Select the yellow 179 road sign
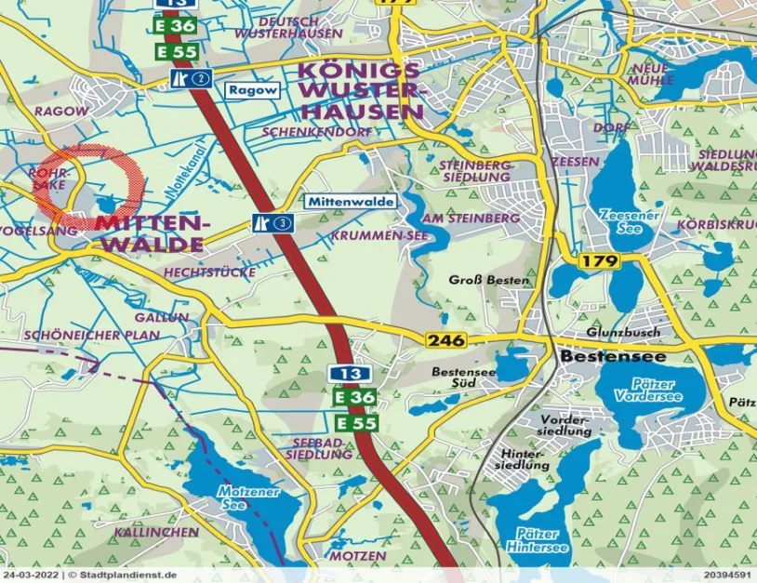tap(600, 262)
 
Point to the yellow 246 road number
tap(446, 341)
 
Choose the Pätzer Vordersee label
tap(647, 391)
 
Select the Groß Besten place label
tap(489, 279)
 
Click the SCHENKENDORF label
tap(317, 132)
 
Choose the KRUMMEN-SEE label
tap(378, 237)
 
